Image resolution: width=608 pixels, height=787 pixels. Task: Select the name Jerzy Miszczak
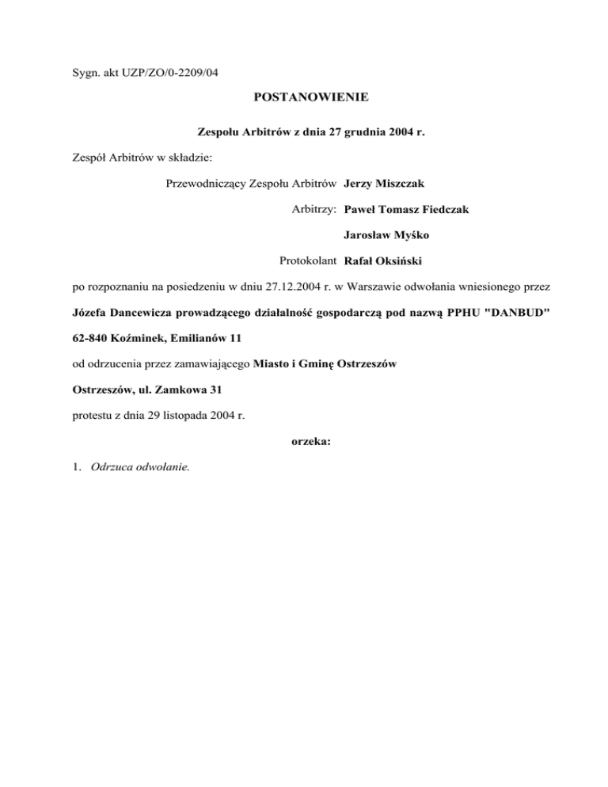point(384,184)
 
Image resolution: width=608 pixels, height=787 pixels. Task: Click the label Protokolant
point(309,260)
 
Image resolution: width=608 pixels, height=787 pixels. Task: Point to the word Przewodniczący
point(205,184)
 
